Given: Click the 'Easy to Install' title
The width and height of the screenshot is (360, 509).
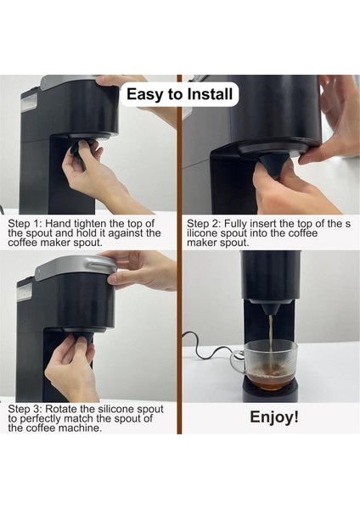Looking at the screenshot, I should [180, 93].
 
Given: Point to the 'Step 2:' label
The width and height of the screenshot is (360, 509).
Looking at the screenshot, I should [206, 221].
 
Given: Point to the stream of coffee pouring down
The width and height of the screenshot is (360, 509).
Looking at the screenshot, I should [270, 339].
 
